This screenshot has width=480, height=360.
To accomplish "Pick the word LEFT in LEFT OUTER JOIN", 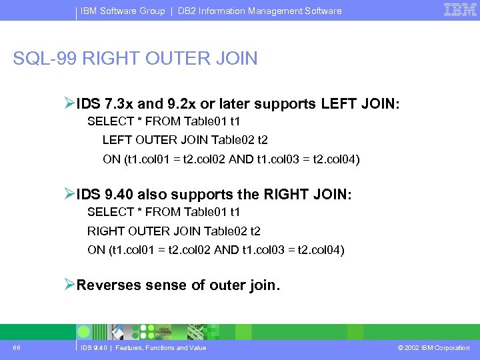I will [116, 141].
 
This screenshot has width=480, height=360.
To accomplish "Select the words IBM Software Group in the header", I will [123, 11].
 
